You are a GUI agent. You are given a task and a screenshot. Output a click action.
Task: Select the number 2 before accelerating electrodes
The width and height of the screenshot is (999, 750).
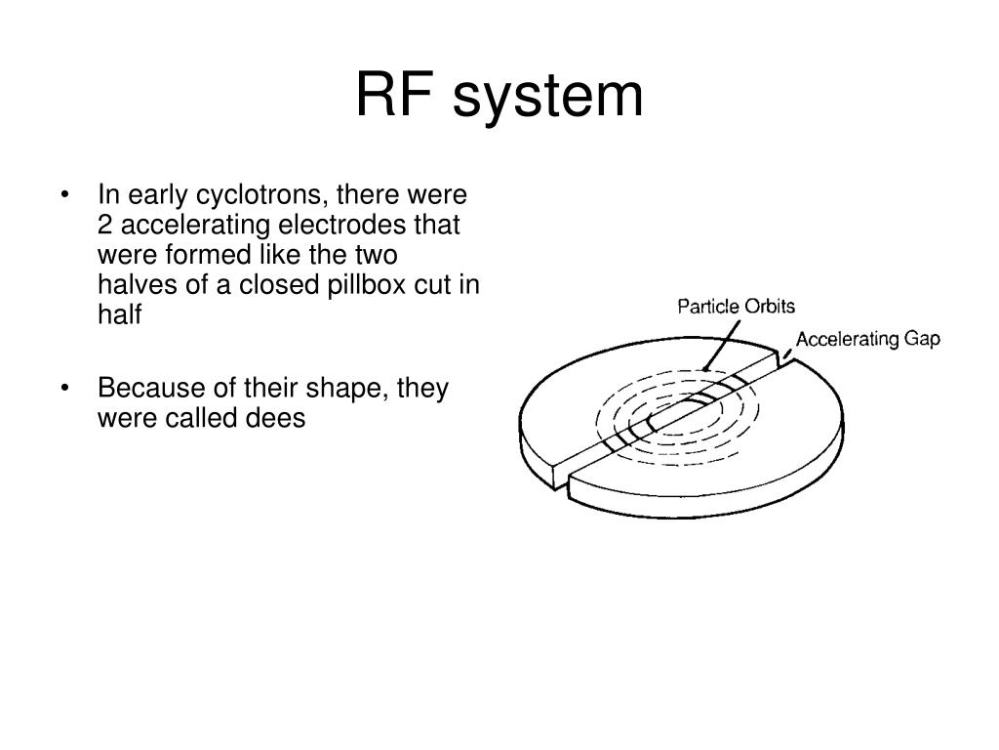[x=104, y=225]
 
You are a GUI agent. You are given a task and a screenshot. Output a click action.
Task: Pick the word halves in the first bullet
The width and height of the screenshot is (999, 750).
[x=128, y=285]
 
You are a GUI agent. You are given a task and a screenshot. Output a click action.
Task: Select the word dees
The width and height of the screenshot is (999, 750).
[x=278, y=418]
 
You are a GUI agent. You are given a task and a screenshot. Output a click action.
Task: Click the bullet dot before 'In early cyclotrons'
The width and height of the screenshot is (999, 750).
[x=65, y=195]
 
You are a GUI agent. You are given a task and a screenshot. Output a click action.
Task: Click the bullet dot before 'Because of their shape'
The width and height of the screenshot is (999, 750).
[x=65, y=389]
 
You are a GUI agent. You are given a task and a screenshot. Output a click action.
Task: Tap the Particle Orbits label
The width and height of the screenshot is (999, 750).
[x=737, y=307]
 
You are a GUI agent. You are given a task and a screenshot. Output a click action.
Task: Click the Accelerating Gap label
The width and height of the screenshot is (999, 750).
[x=867, y=339]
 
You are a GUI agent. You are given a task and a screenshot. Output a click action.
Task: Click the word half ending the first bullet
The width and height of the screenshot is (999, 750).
[x=119, y=314]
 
